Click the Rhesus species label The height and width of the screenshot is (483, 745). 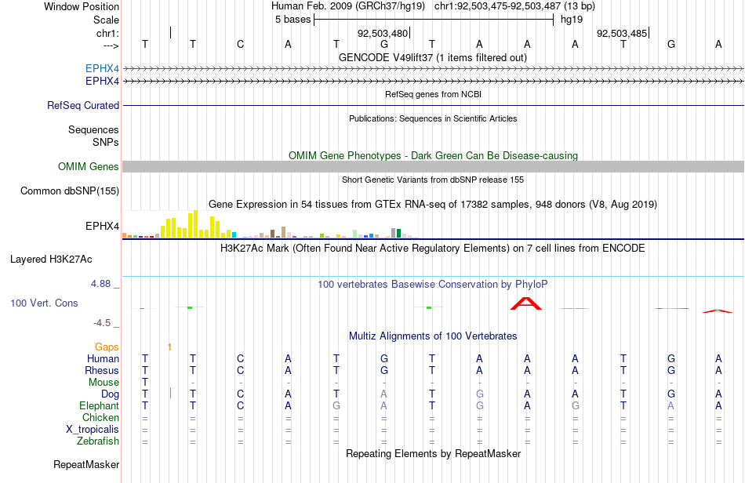pyautogui.click(x=102, y=370)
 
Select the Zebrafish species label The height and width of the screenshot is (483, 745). pyautogui.click(x=98, y=441)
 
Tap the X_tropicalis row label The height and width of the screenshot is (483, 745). pyautogui.click(x=93, y=430)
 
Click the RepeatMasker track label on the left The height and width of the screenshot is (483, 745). pyautogui.click(x=86, y=464)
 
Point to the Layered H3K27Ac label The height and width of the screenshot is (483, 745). pyautogui.click(x=51, y=260)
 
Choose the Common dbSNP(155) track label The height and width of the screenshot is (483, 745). pyautogui.click(x=70, y=191)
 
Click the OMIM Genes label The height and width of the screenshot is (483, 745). pyautogui.click(x=89, y=167)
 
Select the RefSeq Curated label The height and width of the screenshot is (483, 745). pyautogui.click(x=83, y=105)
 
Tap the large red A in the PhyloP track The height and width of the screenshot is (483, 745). pyautogui.click(x=526, y=303)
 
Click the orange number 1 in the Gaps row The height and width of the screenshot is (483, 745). pyautogui.click(x=169, y=347)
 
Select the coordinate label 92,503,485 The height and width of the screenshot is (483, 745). pyautogui.click(x=622, y=34)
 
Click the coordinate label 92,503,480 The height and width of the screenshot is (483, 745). pyautogui.click(x=383, y=34)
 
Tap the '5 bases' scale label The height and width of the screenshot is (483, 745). pyautogui.click(x=293, y=20)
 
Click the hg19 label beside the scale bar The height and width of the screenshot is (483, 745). pyautogui.click(x=572, y=20)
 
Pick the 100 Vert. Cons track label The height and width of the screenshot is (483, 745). pyautogui.click(x=44, y=303)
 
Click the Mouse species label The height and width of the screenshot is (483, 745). pyautogui.click(x=104, y=383)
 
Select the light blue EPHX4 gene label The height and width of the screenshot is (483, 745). pyautogui.click(x=102, y=69)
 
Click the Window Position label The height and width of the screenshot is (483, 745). pyautogui.click(x=82, y=6)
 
